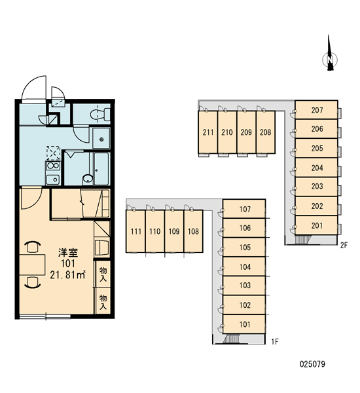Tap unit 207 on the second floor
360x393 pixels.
[316, 110]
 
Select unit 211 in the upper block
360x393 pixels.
[208, 132]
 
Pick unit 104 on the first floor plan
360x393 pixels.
[244, 267]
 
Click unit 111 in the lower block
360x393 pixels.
[135, 231]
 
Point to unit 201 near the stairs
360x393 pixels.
[316, 225]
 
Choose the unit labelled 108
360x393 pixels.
[193, 231]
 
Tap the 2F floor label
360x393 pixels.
[344, 245]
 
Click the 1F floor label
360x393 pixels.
[275, 341]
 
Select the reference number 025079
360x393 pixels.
[312, 364]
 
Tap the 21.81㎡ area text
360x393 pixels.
[67, 274]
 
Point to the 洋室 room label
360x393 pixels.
[68, 253]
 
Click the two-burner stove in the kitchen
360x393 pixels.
[53, 166]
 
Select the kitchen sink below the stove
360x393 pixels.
[53, 179]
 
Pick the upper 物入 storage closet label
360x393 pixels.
[103, 274]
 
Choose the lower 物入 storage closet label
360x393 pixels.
[103, 302]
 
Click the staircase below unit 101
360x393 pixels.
[231, 339]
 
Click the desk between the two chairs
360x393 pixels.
[33, 265]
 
